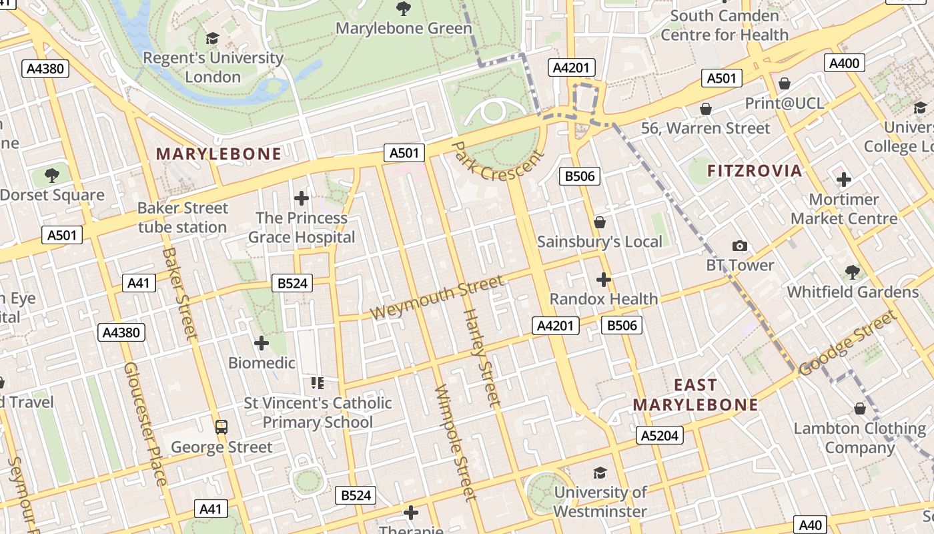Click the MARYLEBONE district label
coord(219,154)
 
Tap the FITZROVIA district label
coord(755,171)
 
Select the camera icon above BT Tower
coord(739,246)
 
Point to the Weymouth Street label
coord(437,298)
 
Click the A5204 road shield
coord(660,436)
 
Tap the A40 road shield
coord(810,525)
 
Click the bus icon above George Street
coord(221,427)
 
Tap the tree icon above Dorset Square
coord(52,176)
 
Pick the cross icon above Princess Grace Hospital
coord(302,198)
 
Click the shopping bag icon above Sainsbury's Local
coord(600,222)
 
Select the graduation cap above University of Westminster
coord(600,473)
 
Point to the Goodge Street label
coord(848,344)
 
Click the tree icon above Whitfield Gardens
coord(852,272)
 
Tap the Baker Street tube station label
coord(183,218)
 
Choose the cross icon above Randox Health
coord(604,279)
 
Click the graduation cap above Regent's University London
coord(212,39)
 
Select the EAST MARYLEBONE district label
coord(696,394)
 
